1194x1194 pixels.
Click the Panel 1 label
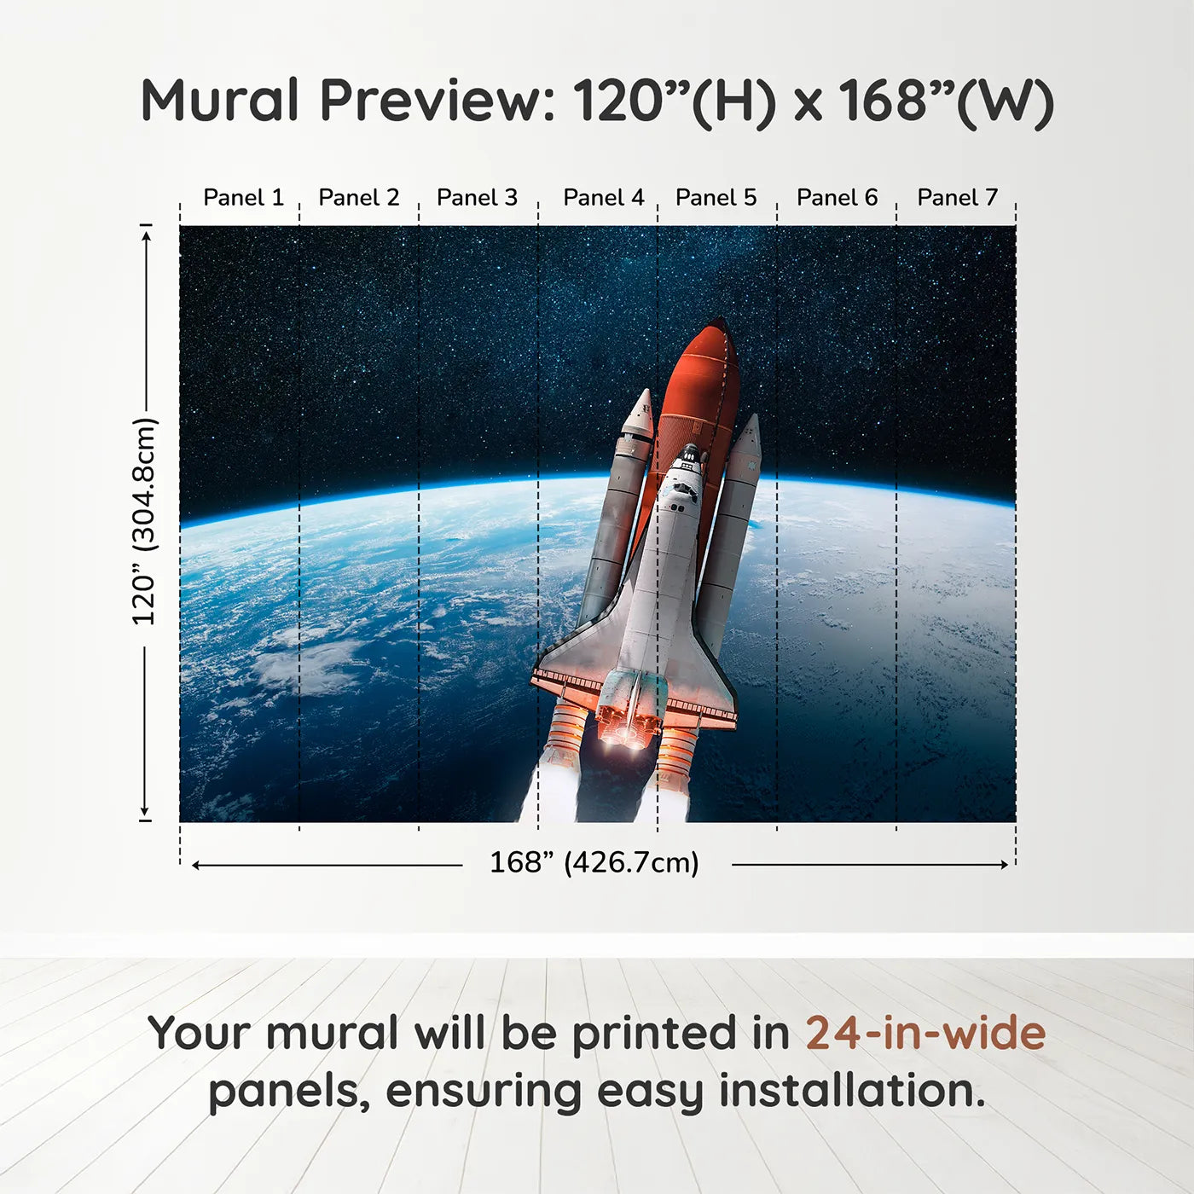coord(243,198)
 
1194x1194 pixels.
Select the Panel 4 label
coord(603,198)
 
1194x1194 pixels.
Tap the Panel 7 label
coord(957,198)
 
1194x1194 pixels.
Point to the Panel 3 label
coord(477,198)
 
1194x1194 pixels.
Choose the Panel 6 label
coord(837,198)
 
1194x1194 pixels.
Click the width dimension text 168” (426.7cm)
coord(594,862)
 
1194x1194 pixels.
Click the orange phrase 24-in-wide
coord(925,1033)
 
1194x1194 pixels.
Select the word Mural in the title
coord(220,101)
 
